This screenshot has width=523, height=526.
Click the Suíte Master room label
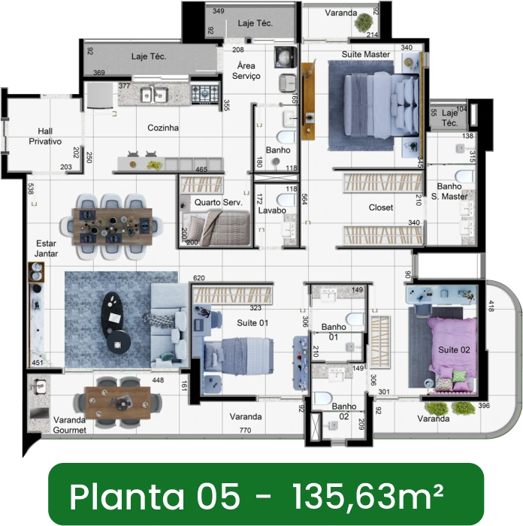click(366, 54)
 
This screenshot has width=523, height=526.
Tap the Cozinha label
click(163, 128)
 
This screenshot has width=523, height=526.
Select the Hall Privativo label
click(45, 136)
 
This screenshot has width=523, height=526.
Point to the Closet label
click(381, 207)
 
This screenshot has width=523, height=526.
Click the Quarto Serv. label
click(219, 202)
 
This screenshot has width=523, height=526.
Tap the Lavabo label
click(272, 210)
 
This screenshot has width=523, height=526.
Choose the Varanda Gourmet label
click(69, 425)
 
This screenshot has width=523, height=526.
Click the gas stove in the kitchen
click(204, 94)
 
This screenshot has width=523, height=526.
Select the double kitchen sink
click(154, 95)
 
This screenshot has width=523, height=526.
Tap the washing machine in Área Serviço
click(286, 57)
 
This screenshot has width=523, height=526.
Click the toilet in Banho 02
click(322, 398)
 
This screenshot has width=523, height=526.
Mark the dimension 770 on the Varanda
click(245, 431)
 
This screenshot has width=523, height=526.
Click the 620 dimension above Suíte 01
click(199, 278)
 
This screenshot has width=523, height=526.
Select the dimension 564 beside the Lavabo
click(304, 199)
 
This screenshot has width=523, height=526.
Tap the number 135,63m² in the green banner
click(368, 497)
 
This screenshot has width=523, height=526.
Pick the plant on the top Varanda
click(364, 23)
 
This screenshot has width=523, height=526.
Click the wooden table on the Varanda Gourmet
click(118, 403)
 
